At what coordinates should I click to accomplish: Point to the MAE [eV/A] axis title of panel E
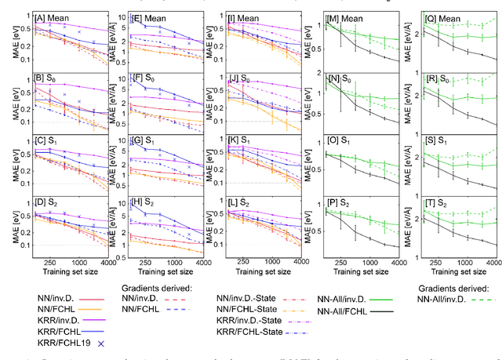click(x=110, y=39)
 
